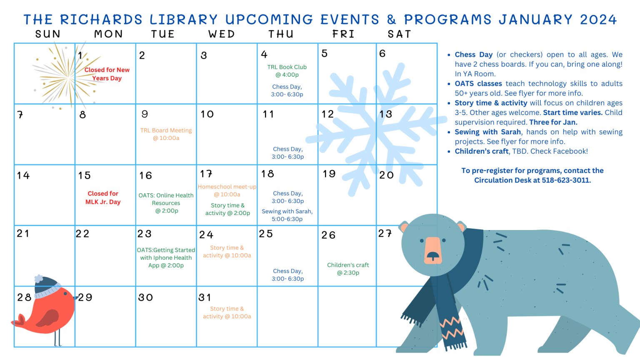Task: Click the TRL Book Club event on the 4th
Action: pos(287,71)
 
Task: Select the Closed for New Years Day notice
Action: pos(107,74)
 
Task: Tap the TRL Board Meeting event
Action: pos(166,134)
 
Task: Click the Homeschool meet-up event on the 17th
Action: pos(227,190)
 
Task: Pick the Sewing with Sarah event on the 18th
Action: pos(287,215)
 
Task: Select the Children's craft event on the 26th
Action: pos(348,269)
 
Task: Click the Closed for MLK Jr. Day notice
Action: pos(103,198)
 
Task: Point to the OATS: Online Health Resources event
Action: pos(166,203)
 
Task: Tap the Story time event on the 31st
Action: pos(227,312)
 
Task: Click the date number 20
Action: pos(387,175)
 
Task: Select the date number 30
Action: pos(146,297)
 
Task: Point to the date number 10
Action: pos(207,114)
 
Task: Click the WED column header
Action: pos(222,34)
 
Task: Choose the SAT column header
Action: pos(400,34)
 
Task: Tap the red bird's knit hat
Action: pos(47,287)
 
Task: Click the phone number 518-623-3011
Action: pos(566,180)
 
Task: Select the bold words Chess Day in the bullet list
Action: pos(474,55)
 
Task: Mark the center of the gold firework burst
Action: pos(69,77)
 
